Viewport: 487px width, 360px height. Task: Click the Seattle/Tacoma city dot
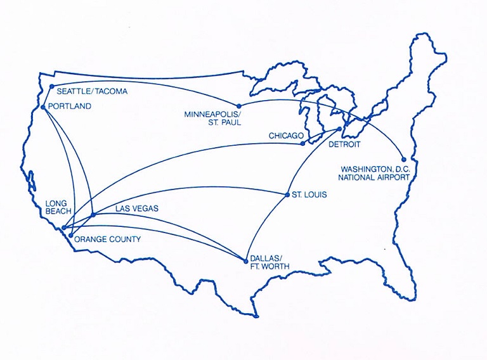(52, 86)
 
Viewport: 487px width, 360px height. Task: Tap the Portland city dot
(42, 107)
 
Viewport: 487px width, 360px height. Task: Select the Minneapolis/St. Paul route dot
(239, 106)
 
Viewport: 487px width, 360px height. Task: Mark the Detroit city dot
(339, 129)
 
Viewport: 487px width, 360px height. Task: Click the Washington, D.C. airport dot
(404, 160)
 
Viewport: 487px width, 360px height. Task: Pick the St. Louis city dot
(287, 194)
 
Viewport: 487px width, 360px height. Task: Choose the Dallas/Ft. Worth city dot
(245, 260)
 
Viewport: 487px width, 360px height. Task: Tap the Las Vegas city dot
(94, 214)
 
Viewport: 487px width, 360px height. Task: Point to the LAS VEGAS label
(136, 208)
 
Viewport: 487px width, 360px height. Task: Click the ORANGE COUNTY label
(107, 240)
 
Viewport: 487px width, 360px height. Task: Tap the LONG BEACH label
(60, 209)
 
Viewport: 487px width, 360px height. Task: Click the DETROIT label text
(344, 145)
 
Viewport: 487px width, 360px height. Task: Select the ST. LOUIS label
(310, 195)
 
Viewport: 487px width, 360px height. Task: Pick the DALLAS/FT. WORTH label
(269, 263)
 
